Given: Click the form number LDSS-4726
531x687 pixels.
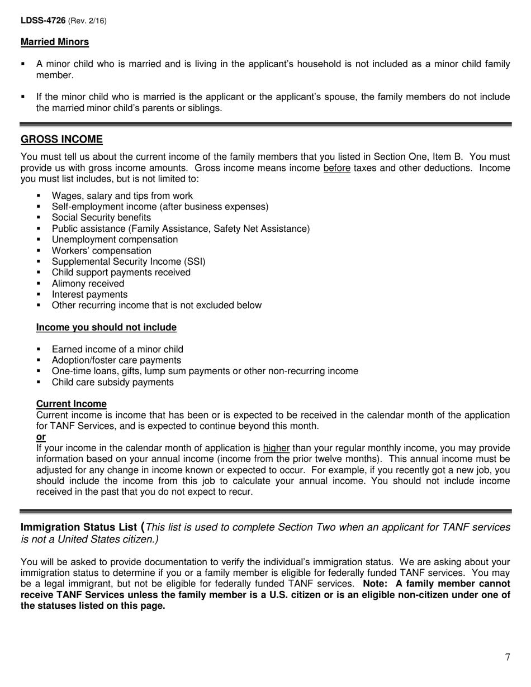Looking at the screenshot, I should (43, 21).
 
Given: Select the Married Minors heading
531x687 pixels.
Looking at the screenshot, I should (55, 42).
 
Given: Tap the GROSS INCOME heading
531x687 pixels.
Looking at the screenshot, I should (61, 139).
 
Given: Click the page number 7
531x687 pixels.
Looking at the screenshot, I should (508, 657).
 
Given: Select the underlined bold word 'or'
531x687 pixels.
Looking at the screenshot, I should (41, 437).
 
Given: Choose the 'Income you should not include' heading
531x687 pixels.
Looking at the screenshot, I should (106, 327).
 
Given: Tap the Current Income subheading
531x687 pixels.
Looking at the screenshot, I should (71, 404).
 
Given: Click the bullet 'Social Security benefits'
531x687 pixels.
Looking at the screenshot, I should (101, 218).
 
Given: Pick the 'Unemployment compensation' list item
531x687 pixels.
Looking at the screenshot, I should (115, 240).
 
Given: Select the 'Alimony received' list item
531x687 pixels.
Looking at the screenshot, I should (88, 284).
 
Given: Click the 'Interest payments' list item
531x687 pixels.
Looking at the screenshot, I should (89, 294).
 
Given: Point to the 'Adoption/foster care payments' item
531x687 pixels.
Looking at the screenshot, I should (116, 360).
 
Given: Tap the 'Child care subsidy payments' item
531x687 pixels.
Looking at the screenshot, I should (112, 383).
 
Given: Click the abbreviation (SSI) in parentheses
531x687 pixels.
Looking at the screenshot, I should (193, 261).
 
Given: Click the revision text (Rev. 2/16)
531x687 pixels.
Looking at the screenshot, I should (87, 21).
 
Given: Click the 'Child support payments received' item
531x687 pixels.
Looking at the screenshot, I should (121, 273).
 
